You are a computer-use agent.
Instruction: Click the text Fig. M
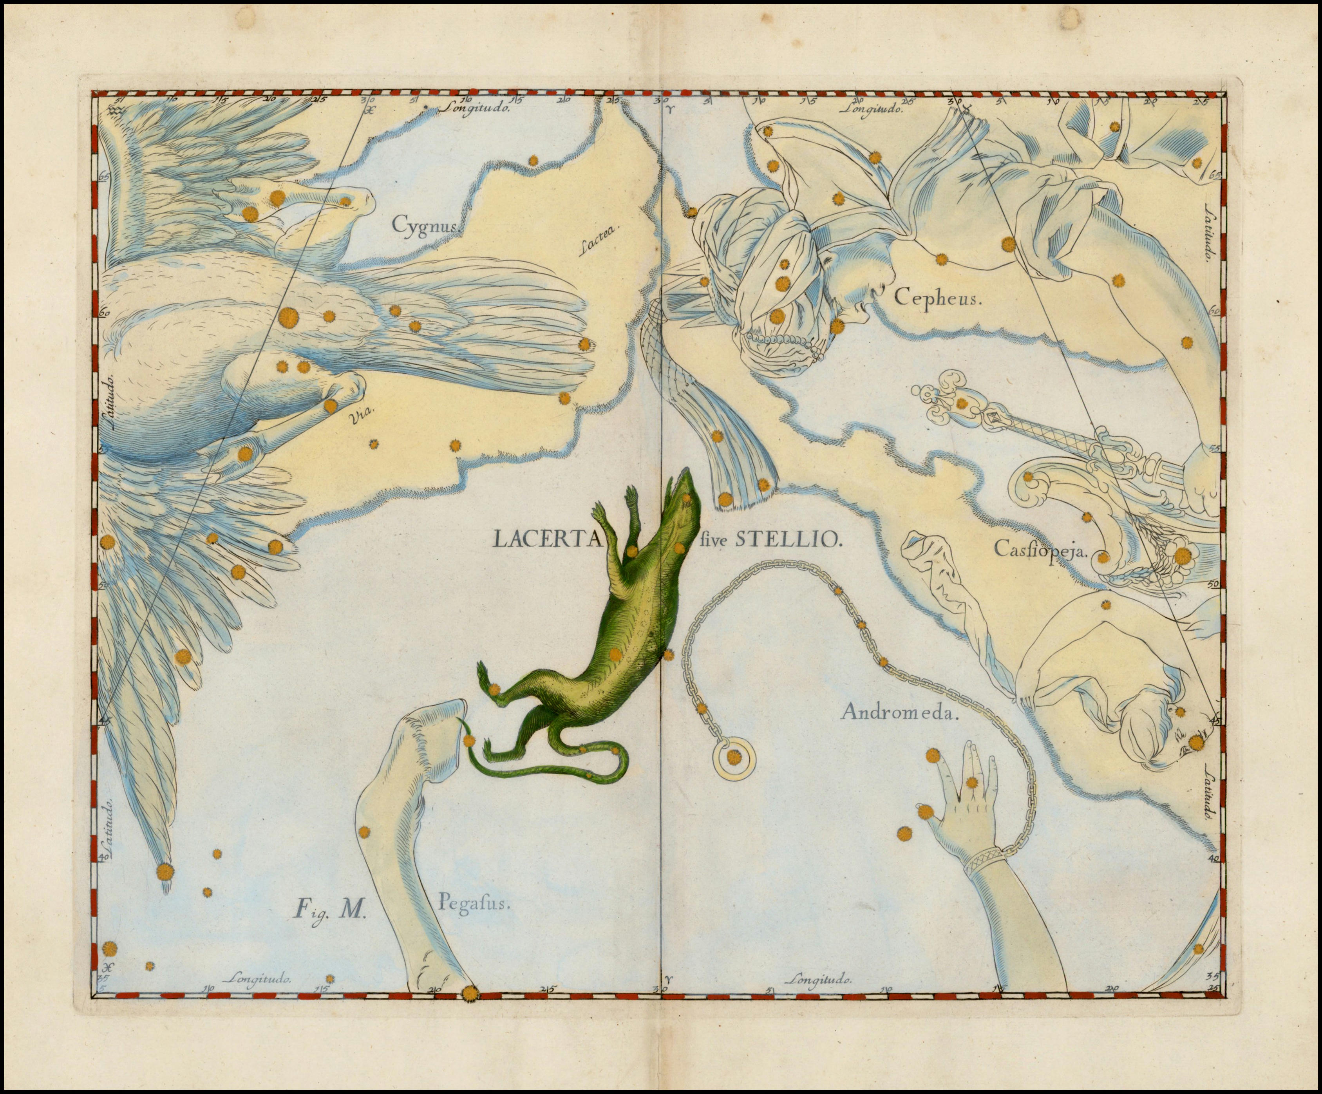pos(330,910)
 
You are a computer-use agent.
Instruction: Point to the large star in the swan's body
pos(288,316)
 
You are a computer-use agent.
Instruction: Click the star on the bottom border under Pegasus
pos(469,994)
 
